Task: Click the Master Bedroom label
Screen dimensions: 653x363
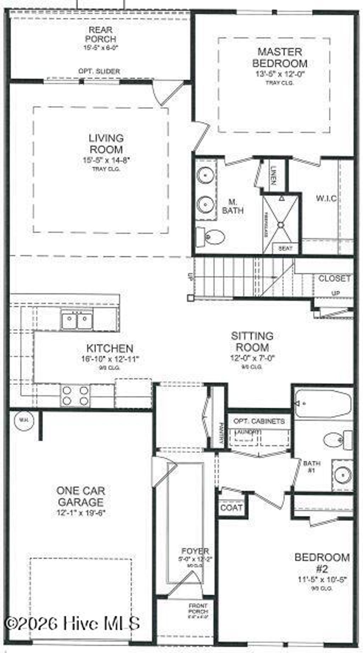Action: (279, 58)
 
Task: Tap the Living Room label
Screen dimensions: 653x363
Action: (106, 144)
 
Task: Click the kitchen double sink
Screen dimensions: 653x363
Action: (77, 321)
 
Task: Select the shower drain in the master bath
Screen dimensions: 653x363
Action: (281, 224)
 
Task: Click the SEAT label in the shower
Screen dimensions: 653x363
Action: (285, 248)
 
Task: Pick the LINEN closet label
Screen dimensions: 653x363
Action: (273, 176)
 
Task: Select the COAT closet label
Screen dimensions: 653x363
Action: (231, 508)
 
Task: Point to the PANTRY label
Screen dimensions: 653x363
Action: (220, 432)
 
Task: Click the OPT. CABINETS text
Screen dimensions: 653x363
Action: (259, 421)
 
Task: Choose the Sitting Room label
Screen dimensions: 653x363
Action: (252, 341)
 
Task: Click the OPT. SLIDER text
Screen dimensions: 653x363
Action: (99, 71)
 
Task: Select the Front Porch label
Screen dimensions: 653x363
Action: (198, 609)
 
